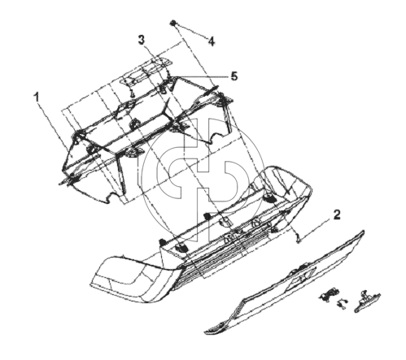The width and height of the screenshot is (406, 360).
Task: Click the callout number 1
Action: [x=37, y=98]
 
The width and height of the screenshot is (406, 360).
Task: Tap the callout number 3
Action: [x=142, y=40]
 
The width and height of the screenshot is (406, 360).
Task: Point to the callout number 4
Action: [x=212, y=41]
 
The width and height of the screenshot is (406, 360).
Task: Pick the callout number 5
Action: [x=234, y=76]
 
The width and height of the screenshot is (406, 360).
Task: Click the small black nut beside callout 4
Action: [x=172, y=23]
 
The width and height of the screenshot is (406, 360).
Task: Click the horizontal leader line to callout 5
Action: [x=200, y=76]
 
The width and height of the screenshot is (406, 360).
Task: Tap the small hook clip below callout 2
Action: [x=298, y=238]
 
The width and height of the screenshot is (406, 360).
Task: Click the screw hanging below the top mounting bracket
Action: [x=133, y=93]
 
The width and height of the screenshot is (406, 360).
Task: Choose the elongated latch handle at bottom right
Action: [x=367, y=301]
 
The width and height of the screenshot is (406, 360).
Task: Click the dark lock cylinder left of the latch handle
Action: [x=329, y=294]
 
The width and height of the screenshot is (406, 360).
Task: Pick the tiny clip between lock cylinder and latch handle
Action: [x=342, y=304]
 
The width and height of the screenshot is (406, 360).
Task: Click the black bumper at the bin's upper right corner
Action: [x=268, y=198]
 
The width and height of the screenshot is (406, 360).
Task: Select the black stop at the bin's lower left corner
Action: [x=162, y=241]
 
